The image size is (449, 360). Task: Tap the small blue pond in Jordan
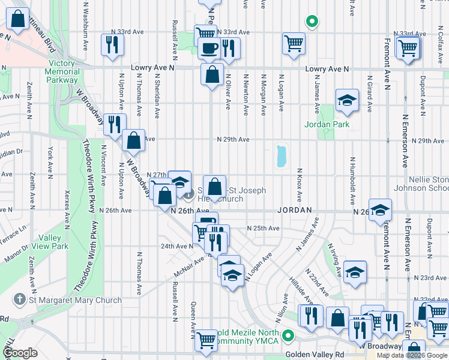coord(280,156)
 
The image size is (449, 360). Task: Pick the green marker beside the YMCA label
coord(288,336)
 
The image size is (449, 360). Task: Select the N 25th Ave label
coord(263,229)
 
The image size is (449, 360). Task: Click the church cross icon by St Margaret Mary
coord(20,299)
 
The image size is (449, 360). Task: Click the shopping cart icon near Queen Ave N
coord(206,340)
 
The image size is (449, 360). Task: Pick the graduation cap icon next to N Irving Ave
coord(355,272)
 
